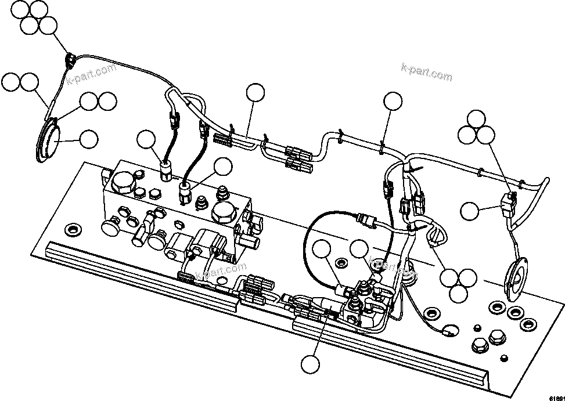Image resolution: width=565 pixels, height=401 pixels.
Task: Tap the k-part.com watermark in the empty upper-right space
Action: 427,72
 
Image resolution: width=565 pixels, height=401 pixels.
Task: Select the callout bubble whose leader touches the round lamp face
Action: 88,139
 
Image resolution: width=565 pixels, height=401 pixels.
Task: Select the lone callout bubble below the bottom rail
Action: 311,364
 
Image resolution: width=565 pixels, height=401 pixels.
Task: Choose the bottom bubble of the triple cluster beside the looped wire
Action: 458,293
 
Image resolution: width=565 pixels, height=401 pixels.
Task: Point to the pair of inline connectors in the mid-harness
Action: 299,160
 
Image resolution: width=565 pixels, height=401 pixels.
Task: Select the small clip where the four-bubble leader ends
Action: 70,58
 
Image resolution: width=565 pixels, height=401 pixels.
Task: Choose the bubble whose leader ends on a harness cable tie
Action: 393,101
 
